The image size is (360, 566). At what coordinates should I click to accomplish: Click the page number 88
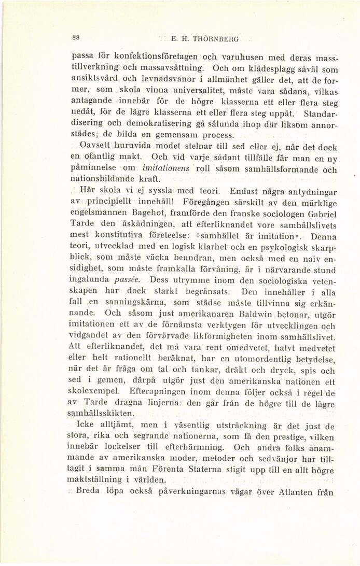tap(76, 38)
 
